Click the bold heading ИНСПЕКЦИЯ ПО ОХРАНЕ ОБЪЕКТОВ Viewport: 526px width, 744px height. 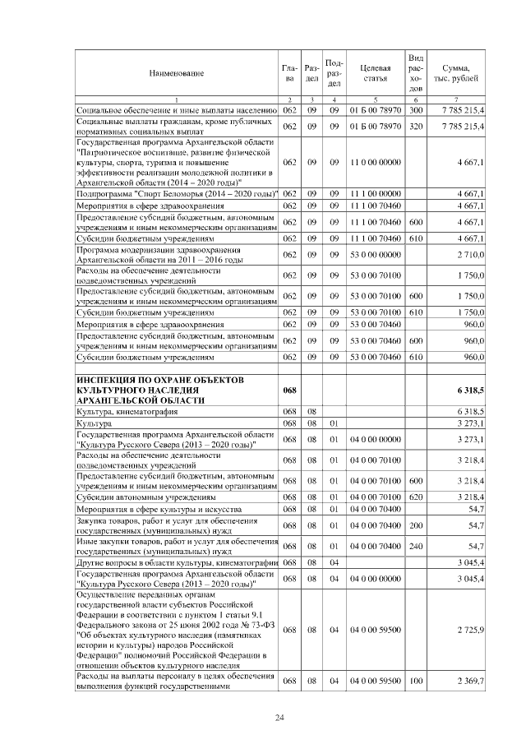(160, 379)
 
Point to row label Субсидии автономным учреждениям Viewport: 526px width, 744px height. (145, 497)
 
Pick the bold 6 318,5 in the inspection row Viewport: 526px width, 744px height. (470, 389)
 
